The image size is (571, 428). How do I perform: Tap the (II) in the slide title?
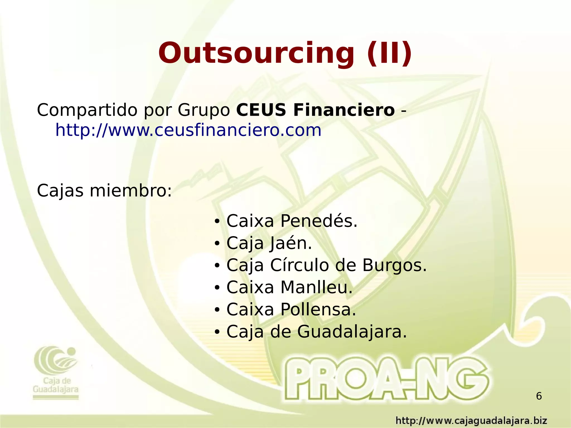[x=389, y=53]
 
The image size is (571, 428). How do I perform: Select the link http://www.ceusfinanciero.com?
[x=188, y=130]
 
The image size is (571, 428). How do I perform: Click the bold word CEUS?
[x=261, y=110]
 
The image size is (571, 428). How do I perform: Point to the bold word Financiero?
[x=344, y=110]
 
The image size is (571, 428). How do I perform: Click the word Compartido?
[x=87, y=110]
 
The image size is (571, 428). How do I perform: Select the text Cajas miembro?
[x=104, y=191]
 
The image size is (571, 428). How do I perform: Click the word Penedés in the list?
[x=319, y=221]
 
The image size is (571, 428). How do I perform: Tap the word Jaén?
[x=291, y=243]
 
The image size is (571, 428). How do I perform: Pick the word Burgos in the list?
[x=395, y=265]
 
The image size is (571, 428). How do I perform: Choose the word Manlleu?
[x=316, y=287]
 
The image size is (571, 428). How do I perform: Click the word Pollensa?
[x=318, y=309]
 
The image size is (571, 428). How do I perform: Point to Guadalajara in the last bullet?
[x=352, y=332]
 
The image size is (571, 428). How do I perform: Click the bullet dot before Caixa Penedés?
[x=217, y=222]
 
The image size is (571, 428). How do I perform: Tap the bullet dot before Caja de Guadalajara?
[x=217, y=333]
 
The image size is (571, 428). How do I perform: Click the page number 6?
[x=539, y=396]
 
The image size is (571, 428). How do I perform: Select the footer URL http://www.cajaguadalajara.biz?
[x=471, y=420]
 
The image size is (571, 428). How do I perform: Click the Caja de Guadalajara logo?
[x=56, y=371]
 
